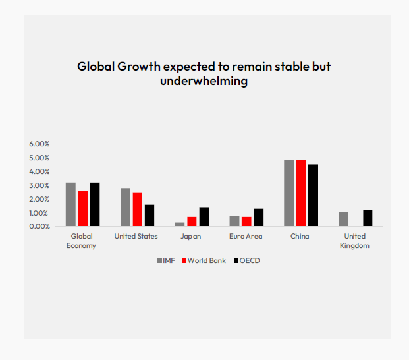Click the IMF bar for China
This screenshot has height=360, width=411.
pos(288,193)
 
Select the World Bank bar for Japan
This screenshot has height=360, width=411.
pos(192,222)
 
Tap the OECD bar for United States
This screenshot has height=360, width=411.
pos(150,216)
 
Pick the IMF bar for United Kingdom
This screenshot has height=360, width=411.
pos(343,219)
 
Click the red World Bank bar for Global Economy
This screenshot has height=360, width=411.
pos(82,208)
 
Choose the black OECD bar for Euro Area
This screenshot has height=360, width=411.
pos(258,218)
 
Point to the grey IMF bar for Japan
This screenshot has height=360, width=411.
pos(180,224)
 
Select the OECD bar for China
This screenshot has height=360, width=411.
pos(313,195)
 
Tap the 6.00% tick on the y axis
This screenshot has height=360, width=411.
pos(39,144)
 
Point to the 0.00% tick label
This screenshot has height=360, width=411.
pos(39,226)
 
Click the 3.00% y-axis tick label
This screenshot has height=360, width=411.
pos(39,185)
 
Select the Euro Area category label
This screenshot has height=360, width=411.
pos(246,236)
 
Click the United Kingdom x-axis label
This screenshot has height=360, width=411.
pos(355,241)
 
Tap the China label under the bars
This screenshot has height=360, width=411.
pos(300,236)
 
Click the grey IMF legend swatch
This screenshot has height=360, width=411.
pos(159,261)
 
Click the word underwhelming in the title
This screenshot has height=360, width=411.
pos(204,81)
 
